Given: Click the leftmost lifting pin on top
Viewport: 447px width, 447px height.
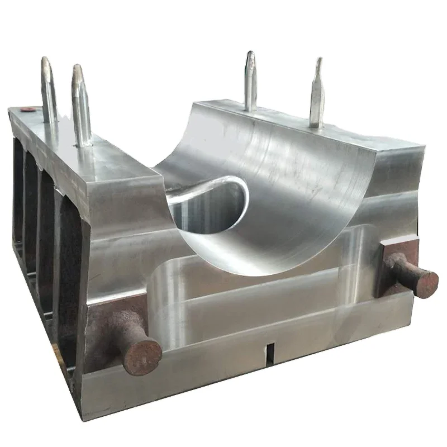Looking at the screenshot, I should point(49,89).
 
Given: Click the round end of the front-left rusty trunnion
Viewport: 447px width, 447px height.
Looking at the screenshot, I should point(142,356).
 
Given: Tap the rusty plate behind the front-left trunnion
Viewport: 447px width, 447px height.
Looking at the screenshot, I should point(106,330).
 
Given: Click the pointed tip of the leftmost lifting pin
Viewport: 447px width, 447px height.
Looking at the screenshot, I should point(46,59).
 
